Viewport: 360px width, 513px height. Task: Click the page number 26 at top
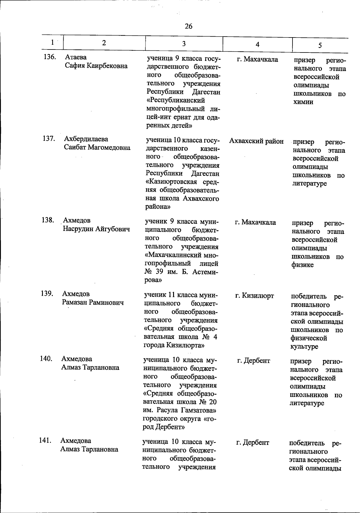click(188, 26)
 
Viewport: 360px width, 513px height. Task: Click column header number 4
click(257, 44)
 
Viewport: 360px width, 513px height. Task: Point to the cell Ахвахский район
click(256, 141)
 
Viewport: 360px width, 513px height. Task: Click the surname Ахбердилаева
click(86, 139)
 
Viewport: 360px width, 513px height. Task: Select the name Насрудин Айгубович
click(96, 229)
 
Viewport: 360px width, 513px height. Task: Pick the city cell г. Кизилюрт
click(254, 296)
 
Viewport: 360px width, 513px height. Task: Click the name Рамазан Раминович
click(93, 302)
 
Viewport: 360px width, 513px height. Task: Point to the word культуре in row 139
click(304, 347)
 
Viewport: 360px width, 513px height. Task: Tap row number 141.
click(45, 441)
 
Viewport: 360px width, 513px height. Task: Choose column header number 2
click(104, 43)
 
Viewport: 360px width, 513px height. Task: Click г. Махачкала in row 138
click(255, 222)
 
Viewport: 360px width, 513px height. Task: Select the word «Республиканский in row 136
click(175, 100)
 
